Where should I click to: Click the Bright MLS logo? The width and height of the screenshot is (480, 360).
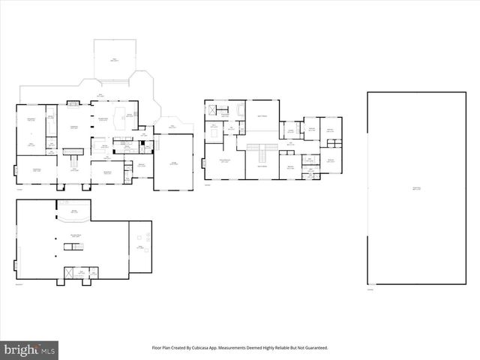tap(30, 349)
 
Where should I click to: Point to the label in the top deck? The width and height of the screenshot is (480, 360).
tap(114, 59)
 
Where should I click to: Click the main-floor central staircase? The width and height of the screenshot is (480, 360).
tap(72, 151)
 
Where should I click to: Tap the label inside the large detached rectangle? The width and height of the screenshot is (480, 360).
tap(415, 187)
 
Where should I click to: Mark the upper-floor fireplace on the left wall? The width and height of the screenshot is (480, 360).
tap(203, 162)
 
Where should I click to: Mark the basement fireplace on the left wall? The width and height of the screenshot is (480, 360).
tap(15, 265)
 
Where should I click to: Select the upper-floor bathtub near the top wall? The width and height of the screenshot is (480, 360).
tap(241, 109)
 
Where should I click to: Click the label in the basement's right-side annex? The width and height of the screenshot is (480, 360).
tap(139, 247)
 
